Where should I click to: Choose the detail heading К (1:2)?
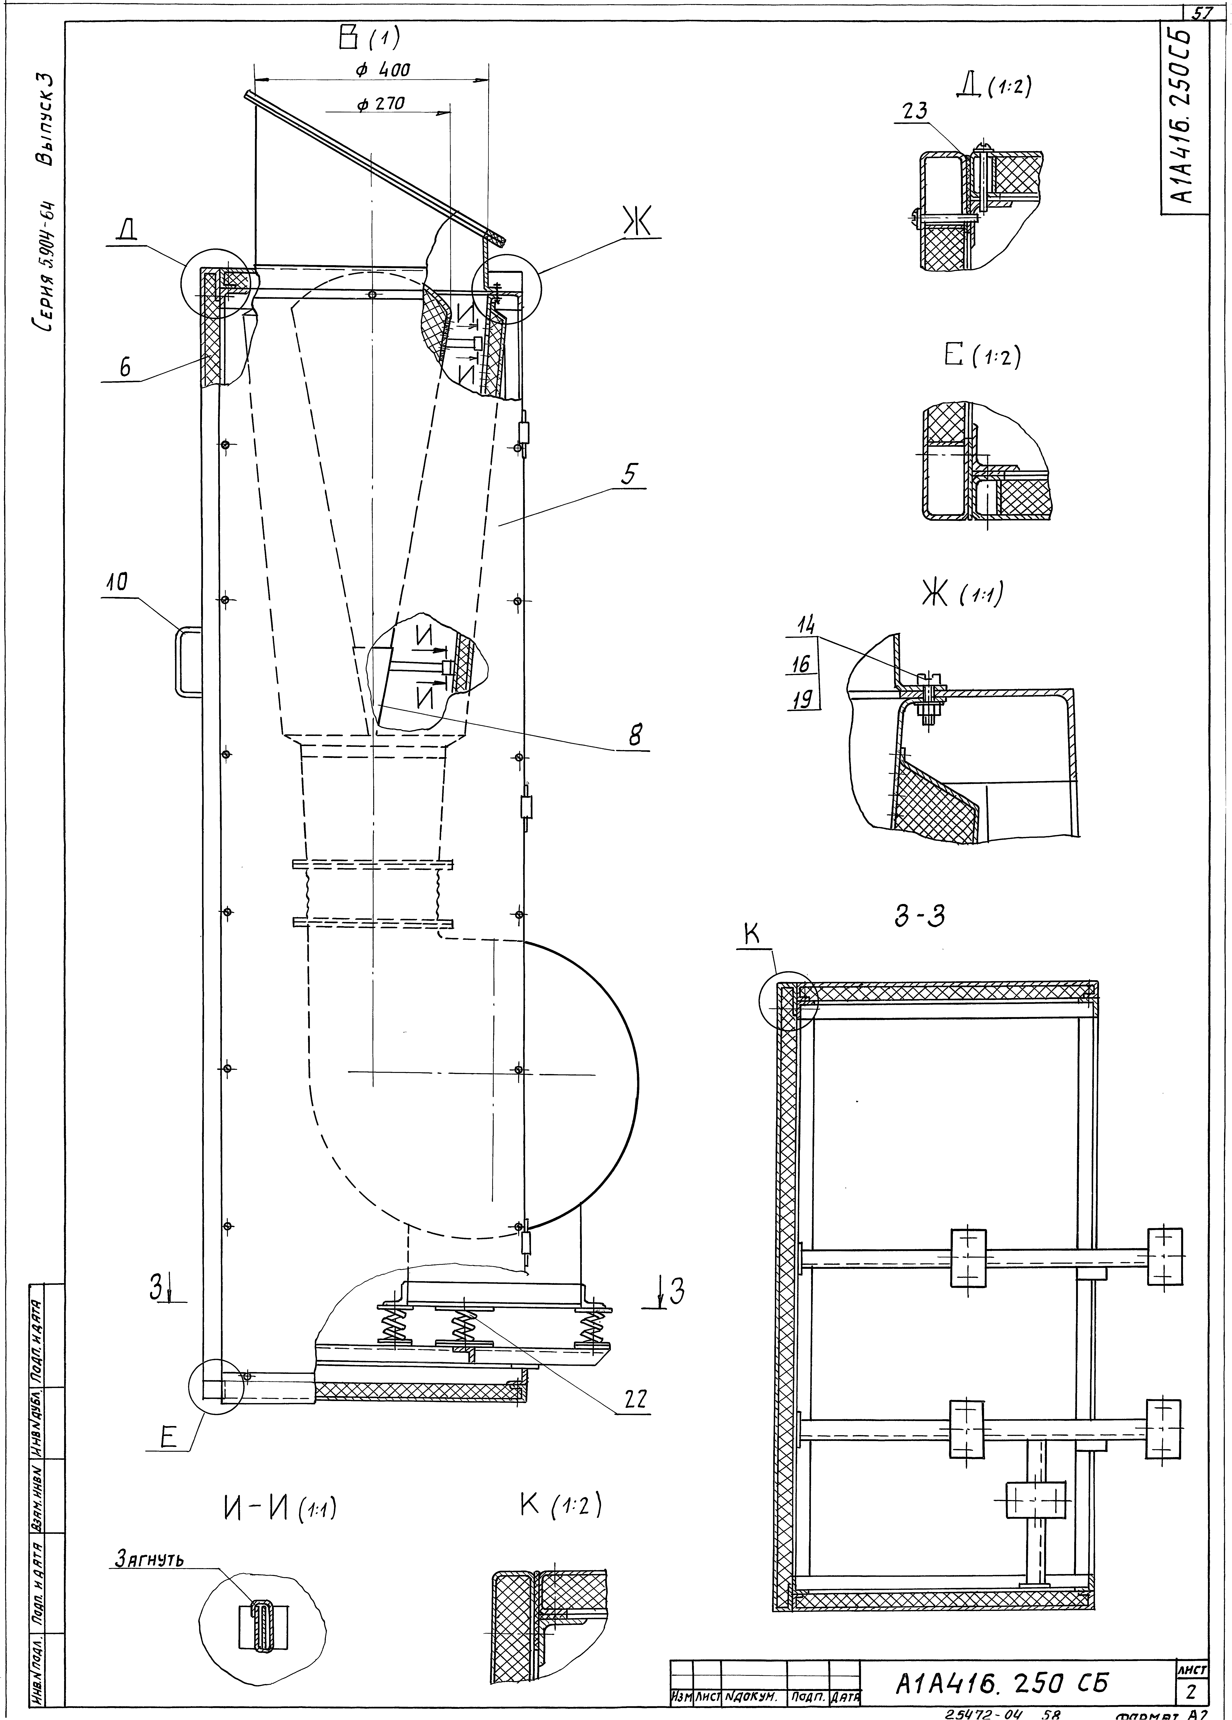click(x=561, y=1505)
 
